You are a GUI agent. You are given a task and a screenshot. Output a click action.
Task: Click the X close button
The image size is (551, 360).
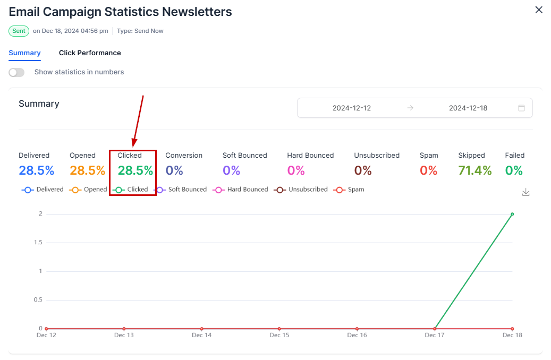(x=539, y=10)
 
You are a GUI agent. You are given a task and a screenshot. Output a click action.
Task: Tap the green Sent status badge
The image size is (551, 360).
(x=19, y=31)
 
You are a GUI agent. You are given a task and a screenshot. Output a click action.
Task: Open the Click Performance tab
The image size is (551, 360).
(x=90, y=53)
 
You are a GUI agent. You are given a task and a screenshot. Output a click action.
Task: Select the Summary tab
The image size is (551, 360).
(x=24, y=53)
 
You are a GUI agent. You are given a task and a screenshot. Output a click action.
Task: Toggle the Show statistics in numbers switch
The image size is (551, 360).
(x=16, y=72)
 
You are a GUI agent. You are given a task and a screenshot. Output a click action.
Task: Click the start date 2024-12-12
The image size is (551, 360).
(x=352, y=108)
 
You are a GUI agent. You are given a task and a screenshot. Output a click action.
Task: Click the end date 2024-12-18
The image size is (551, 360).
(x=468, y=108)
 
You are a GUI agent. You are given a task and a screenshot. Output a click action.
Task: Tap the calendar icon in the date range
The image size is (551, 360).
(x=521, y=108)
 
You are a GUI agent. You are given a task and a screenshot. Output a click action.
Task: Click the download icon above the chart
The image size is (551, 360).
(x=525, y=192)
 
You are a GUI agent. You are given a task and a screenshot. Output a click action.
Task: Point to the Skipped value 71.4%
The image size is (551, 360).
(x=474, y=170)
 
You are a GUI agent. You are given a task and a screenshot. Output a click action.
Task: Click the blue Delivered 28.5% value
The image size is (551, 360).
(x=36, y=170)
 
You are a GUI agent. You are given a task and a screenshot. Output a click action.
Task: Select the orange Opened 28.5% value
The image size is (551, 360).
(x=87, y=170)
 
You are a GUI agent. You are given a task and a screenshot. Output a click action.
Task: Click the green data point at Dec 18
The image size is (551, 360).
(x=512, y=214)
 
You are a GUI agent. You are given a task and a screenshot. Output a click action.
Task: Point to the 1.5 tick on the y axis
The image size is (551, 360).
(x=37, y=243)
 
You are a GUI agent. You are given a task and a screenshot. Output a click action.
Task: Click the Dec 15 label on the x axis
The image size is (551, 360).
(x=279, y=335)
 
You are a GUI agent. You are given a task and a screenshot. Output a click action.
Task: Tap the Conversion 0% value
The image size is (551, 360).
(x=174, y=170)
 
